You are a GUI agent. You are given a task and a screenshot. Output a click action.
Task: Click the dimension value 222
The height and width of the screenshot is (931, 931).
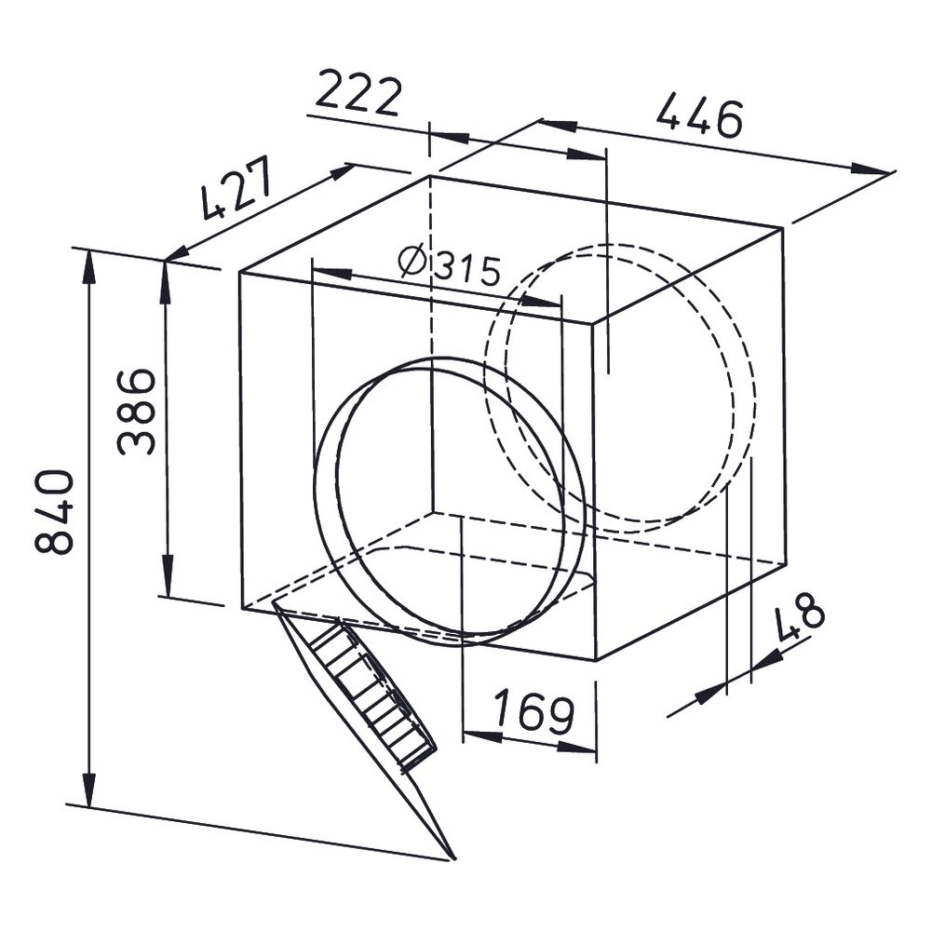tap(359, 94)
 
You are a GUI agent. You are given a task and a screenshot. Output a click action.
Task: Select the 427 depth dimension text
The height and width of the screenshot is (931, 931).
tap(236, 188)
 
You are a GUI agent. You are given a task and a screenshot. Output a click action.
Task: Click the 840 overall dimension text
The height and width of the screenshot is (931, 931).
tap(55, 512)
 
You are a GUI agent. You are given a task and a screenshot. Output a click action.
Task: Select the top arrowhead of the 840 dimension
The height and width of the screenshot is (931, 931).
tap(89, 270)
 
